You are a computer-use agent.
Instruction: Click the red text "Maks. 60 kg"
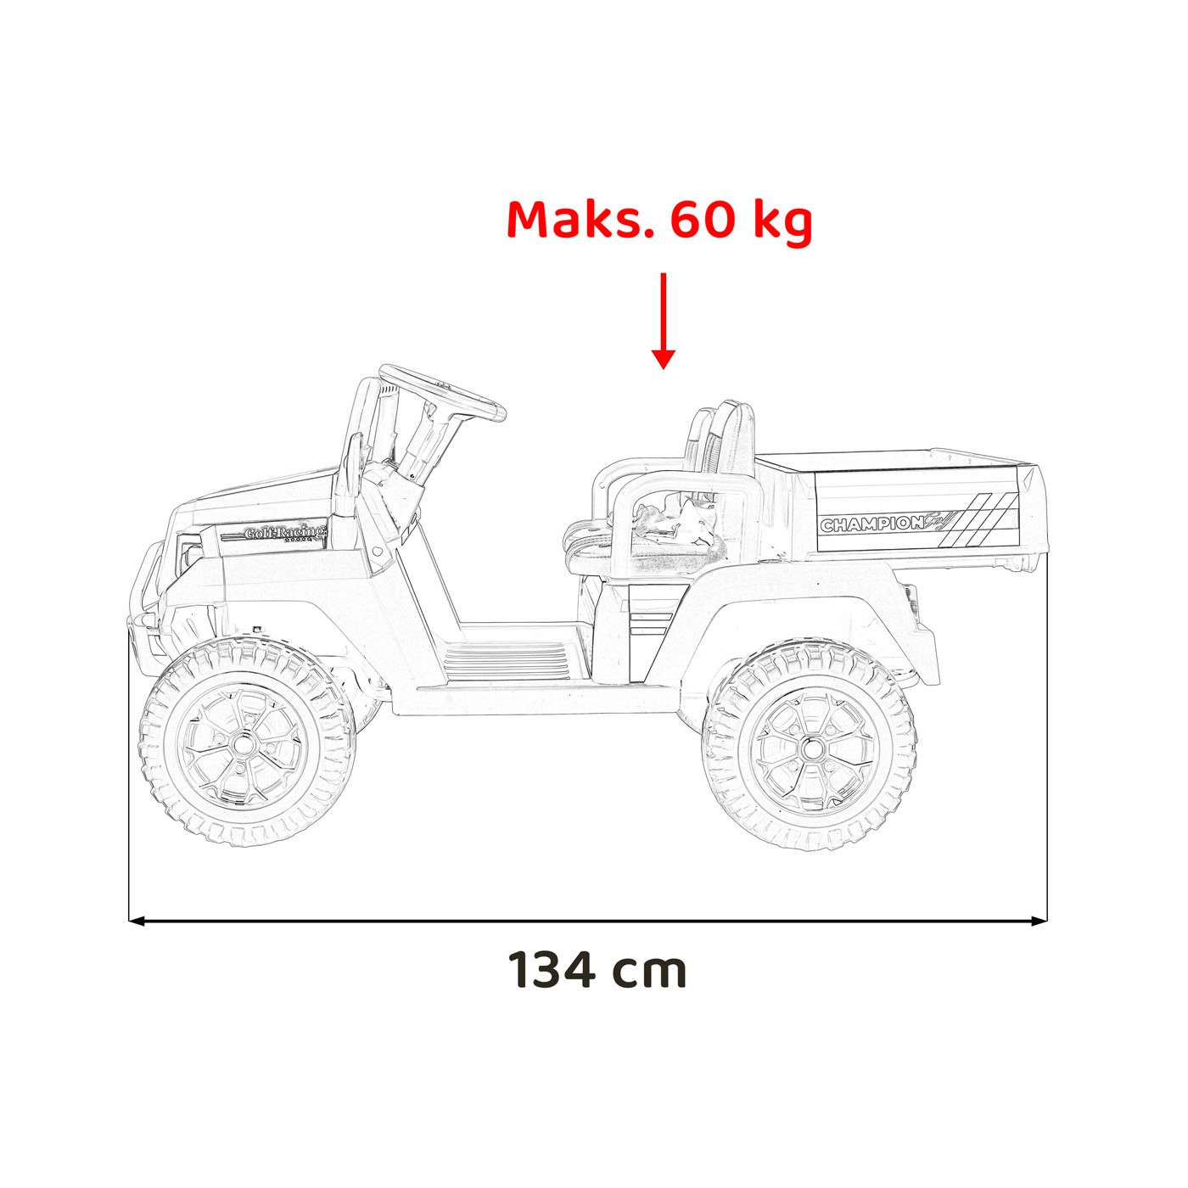click(x=659, y=221)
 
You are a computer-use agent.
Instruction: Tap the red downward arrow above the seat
click(x=664, y=322)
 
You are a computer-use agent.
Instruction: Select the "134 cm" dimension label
click(x=597, y=969)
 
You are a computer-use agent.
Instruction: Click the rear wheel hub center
click(x=810, y=748)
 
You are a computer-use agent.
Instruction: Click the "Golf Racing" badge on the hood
click(x=284, y=533)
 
